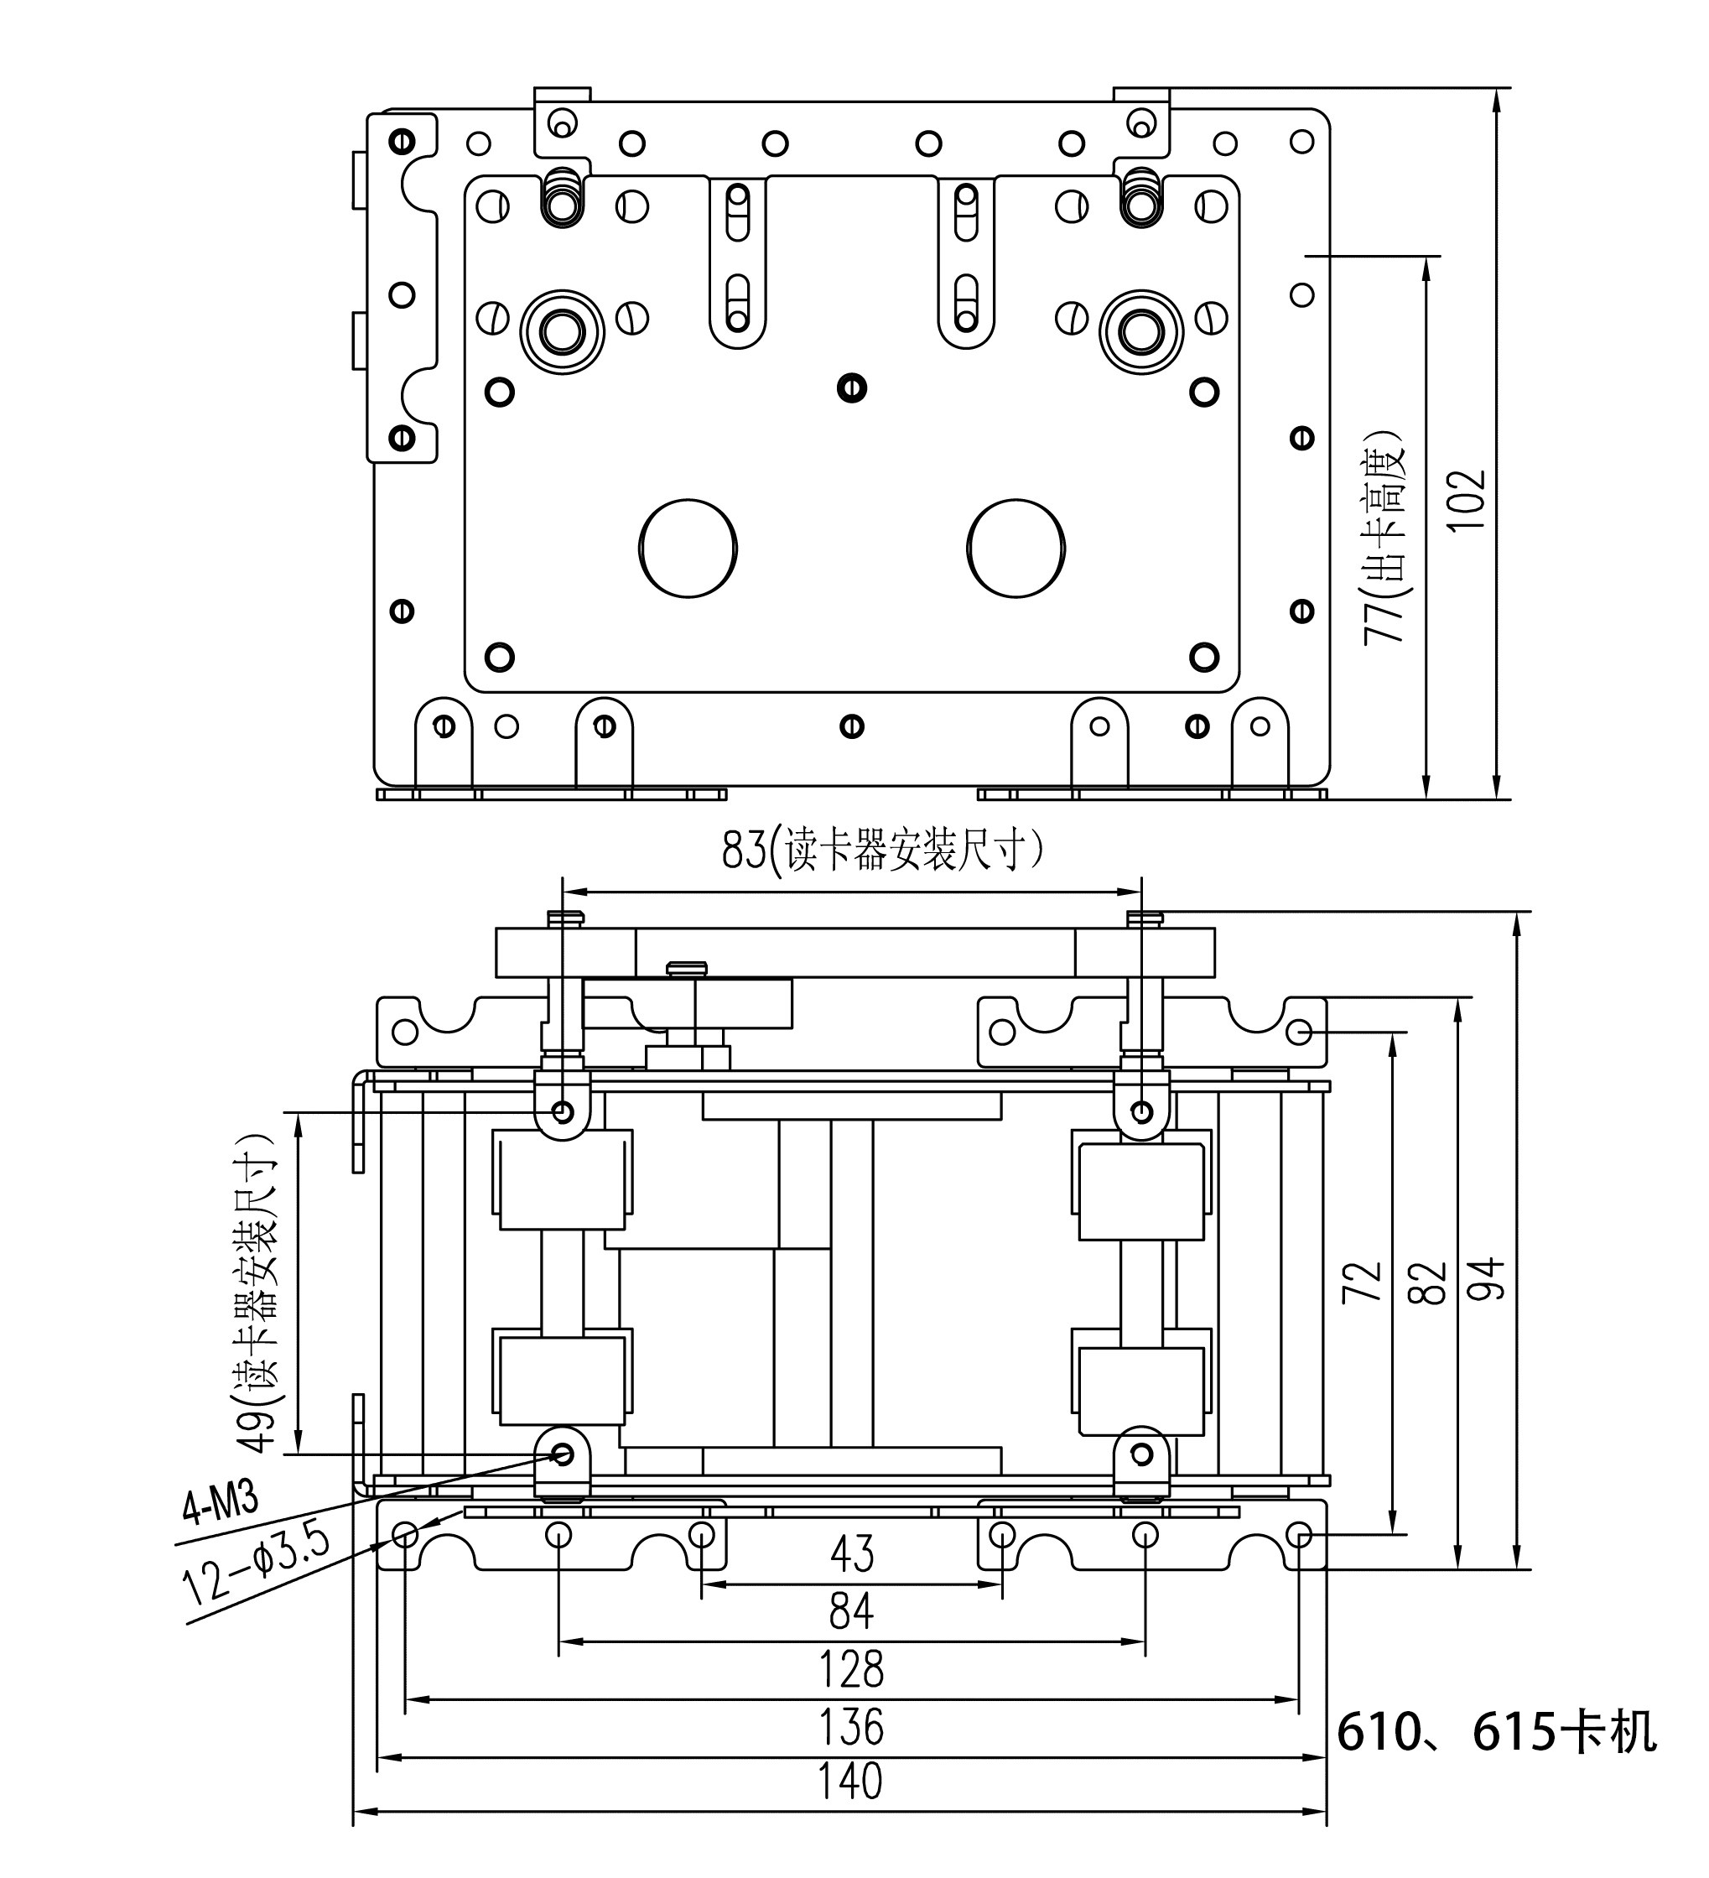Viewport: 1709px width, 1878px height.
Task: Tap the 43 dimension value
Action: coord(852,1554)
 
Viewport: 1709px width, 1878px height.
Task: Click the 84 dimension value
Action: coord(851,1611)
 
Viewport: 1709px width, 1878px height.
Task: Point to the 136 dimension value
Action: coord(851,1727)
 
